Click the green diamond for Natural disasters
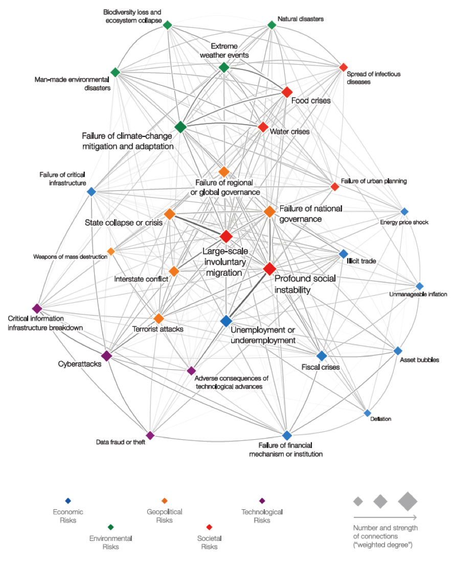(272, 25)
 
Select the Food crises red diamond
(287, 92)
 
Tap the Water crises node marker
(263, 126)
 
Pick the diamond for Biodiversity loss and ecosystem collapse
(167, 25)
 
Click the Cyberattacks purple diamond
(106, 355)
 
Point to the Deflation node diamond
(367, 413)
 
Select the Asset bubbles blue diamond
(398, 350)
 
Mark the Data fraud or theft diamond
(150, 435)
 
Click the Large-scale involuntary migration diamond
(226, 236)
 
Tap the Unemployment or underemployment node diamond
(226, 321)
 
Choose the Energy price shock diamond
(404, 211)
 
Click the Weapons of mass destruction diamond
(111, 251)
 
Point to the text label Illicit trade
(361, 261)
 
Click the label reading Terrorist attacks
(157, 329)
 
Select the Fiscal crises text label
(320, 367)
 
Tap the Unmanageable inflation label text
(418, 294)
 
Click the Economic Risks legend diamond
(68, 501)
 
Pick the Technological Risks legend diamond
(262, 501)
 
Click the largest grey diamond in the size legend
(408, 501)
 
